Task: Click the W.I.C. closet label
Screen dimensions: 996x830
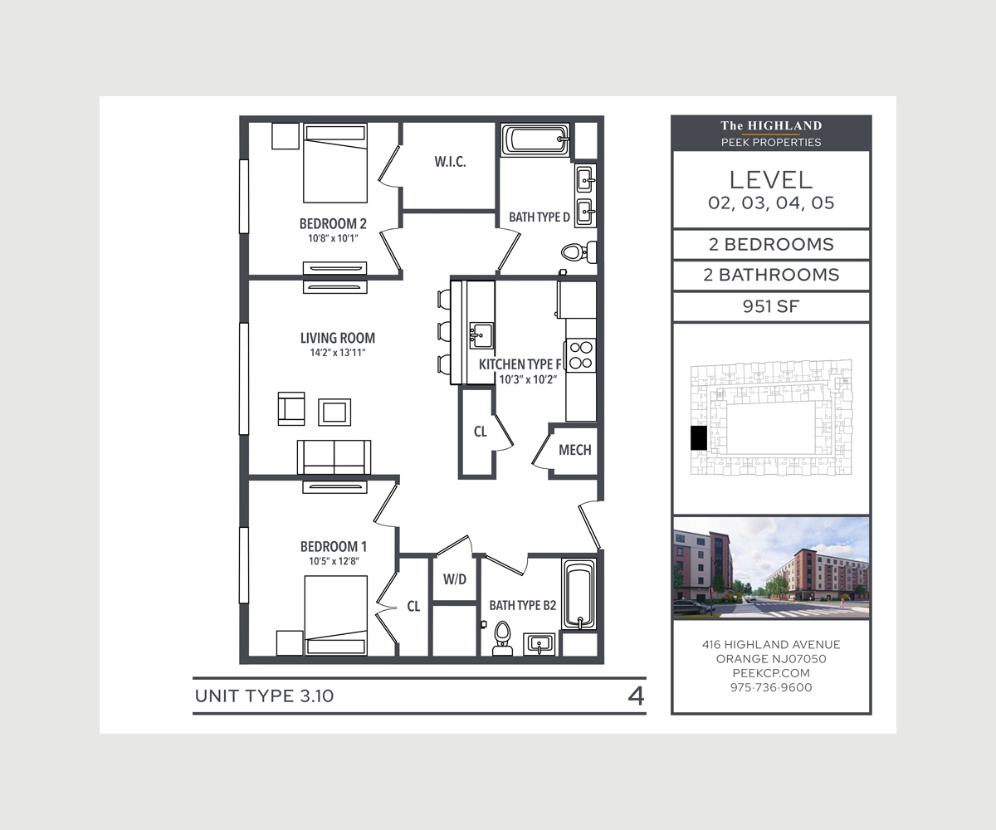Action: [x=450, y=162]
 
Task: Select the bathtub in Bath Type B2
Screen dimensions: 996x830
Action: [x=579, y=594]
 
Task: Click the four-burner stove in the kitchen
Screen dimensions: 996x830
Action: [x=580, y=355]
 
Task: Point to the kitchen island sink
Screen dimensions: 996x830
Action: [x=481, y=335]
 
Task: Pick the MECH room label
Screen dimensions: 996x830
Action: [x=575, y=450]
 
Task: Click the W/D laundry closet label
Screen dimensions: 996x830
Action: [x=455, y=579]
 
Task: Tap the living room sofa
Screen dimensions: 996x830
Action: [x=334, y=457]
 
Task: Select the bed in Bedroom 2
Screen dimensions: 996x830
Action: [x=335, y=164]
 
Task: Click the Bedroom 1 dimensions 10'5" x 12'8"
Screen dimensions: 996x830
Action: [x=334, y=561]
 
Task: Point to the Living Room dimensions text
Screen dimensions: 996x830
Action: [x=337, y=353]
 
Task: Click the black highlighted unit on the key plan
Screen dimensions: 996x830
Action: [x=699, y=438]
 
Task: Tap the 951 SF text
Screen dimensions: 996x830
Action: [x=771, y=307]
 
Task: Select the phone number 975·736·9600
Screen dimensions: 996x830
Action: [x=771, y=687]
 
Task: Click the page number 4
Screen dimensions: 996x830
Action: [x=636, y=696]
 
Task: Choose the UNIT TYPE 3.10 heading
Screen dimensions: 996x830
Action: [x=264, y=696]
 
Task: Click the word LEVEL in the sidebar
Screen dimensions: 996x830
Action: [x=771, y=180]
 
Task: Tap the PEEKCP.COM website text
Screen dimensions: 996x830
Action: [x=771, y=673]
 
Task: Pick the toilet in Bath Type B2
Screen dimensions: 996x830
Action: [x=502, y=638]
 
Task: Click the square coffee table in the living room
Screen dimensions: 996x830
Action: [x=334, y=413]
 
